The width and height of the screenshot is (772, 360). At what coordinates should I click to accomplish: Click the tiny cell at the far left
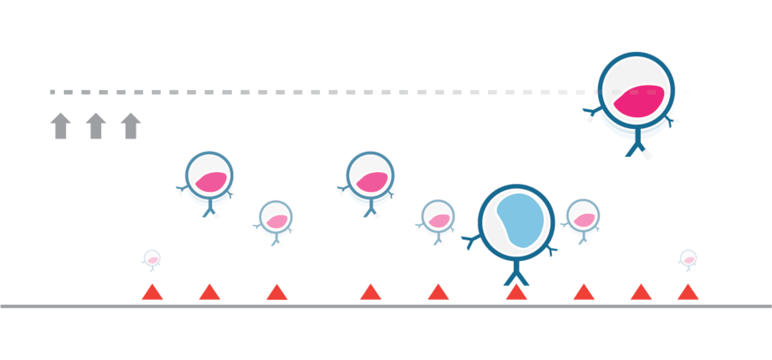tap(152, 259)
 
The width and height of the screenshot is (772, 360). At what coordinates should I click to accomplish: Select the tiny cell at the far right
tap(688, 259)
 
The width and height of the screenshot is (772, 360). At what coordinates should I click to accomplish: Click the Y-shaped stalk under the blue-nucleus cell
tap(516, 276)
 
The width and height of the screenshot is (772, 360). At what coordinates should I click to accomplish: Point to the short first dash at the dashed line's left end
tap(52, 92)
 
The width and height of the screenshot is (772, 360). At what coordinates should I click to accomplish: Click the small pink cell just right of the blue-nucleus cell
tap(583, 219)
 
